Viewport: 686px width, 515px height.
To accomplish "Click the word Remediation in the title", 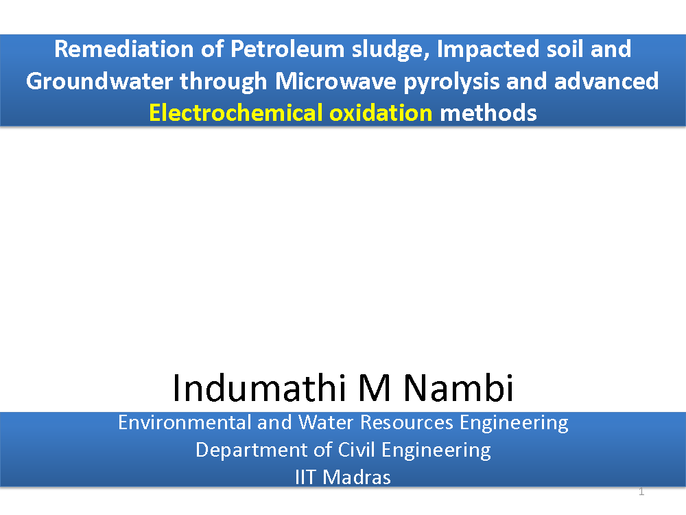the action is click(123, 49).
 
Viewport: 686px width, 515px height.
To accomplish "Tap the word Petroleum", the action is click(287, 49).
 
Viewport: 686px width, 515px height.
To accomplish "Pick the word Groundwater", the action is click(99, 82).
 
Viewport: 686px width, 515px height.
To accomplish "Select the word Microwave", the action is click(335, 82).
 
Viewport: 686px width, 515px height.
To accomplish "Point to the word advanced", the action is click(606, 81).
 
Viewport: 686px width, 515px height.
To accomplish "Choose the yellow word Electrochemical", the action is click(236, 113).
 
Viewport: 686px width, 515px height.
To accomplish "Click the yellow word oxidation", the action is click(381, 113).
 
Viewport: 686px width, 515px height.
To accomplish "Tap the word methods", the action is click(488, 113).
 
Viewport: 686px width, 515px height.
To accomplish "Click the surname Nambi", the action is click(458, 388).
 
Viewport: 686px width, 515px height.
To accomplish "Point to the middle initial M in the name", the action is click(375, 389).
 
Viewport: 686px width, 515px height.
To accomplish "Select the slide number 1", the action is click(641, 492).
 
